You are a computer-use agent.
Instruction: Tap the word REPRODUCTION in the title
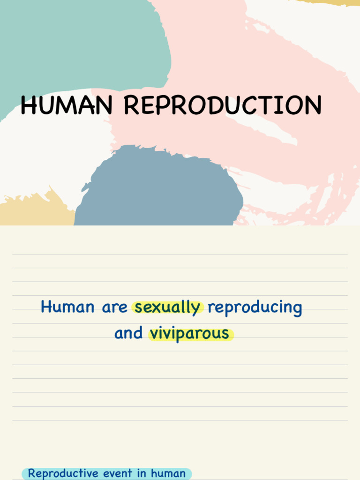(x=223, y=105)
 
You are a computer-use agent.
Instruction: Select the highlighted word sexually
(x=168, y=307)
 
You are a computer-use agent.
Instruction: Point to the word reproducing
(x=255, y=307)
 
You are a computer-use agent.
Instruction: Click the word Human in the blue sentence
(x=67, y=307)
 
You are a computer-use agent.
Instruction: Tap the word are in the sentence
(x=115, y=307)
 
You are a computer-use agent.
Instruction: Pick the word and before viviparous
(x=128, y=333)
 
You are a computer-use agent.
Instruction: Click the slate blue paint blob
(x=159, y=187)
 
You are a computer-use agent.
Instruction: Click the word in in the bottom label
(x=142, y=473)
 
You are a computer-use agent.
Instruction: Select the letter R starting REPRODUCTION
(x=132, y=105)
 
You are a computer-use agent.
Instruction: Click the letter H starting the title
(x=29, y=105)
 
